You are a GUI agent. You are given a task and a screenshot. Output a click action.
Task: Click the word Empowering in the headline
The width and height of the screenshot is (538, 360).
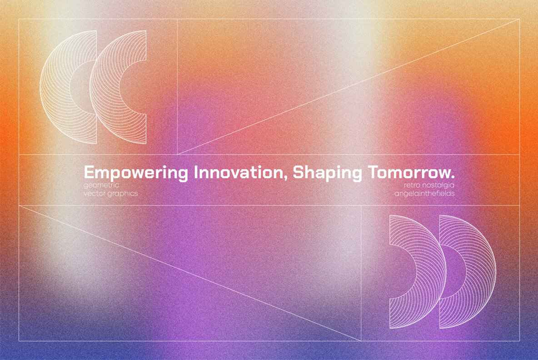pyautogui.click(x=136, y=173)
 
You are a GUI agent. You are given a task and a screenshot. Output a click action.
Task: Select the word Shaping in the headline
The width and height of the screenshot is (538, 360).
pyautogui.click(x=327, y=173)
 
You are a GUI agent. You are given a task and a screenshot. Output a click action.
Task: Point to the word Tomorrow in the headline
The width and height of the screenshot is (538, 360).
pyautogui.click(x=408, y=172)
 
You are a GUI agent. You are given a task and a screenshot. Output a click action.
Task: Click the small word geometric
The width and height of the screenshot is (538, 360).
pyautogui.click(x=101, y=185)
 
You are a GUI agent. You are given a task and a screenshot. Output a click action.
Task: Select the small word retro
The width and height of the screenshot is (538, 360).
pyautogui.click(x=411, y=185)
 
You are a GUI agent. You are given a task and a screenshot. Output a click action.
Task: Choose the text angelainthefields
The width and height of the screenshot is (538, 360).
pyautogui.click(x=424, y=194)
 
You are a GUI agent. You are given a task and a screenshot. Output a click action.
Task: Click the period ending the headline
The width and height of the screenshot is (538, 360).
pyautogui.click(x=453, y=177)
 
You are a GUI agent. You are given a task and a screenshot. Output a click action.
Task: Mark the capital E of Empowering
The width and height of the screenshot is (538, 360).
pyautogui.click(x=89, y=172)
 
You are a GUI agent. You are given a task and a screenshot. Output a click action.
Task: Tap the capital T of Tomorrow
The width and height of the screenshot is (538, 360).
pyautogui.click(x=374, y=172)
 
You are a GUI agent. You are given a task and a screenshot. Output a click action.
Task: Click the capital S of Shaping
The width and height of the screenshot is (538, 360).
pyautogui.click(x=298, y=172)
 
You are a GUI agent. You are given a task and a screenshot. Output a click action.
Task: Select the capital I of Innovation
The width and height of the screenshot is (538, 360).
pyautogui.click(x=197, y=172)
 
